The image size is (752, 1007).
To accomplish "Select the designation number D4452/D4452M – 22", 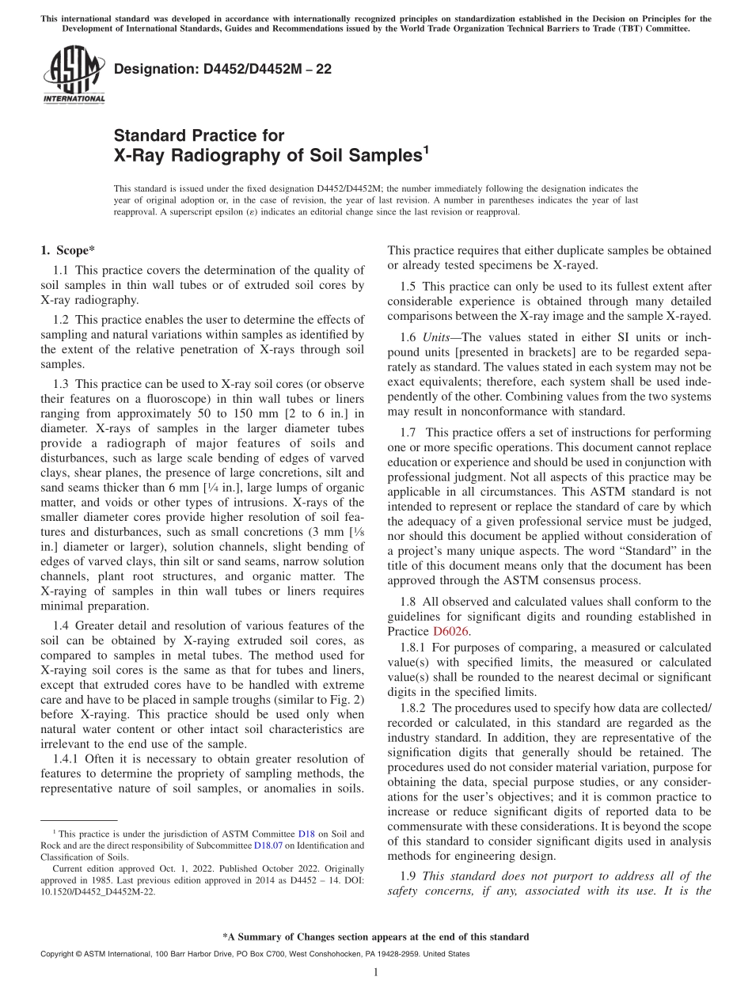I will click(222, 69).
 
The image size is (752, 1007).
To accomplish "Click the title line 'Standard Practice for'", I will click(199, 135).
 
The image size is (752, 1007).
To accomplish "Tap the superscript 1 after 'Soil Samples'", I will click(425, 150).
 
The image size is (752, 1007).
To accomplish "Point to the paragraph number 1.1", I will click(63, 271).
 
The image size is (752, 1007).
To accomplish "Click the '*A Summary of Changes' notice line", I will click(375, 937).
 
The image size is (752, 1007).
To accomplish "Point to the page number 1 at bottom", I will click(375, 973).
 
